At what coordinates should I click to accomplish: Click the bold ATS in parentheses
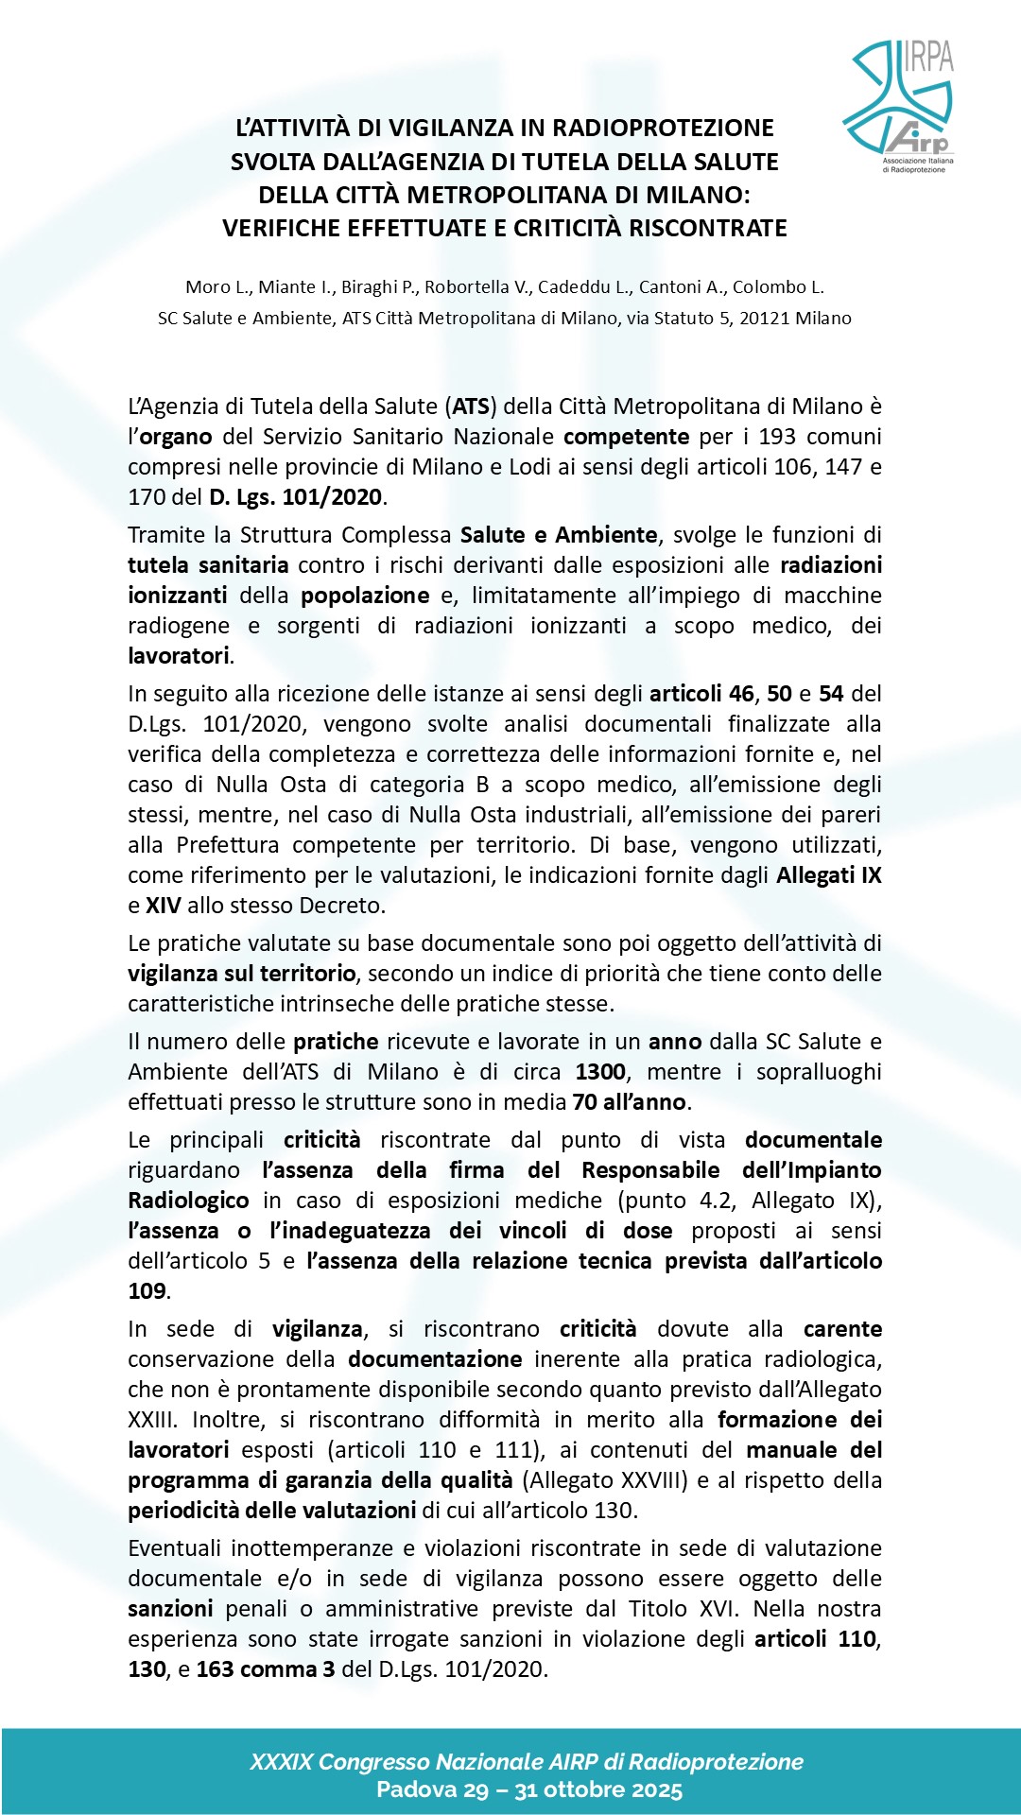471,406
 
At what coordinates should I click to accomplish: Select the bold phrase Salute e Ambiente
558,535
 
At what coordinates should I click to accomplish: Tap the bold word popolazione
365,596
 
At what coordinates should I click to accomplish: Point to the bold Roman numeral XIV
163,906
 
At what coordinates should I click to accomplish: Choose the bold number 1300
600,1072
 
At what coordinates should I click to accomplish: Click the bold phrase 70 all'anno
629,1102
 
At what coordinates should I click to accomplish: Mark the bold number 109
147,1291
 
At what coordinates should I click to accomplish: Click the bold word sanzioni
170,1609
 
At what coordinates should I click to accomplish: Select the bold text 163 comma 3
265,1669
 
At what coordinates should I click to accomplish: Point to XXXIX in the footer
281,1762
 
